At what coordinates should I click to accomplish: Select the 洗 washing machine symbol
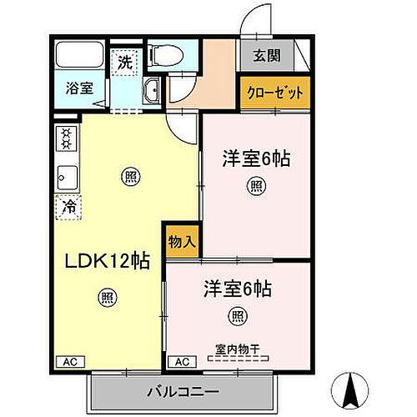[124, 62]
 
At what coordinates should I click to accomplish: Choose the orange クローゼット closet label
[274, 93]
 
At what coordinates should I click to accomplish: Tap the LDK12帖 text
[108, 261]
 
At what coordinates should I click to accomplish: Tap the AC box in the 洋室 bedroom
[183, 362]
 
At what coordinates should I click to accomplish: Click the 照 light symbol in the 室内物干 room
[237, 315]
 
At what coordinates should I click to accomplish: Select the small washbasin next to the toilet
[152, 92]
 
